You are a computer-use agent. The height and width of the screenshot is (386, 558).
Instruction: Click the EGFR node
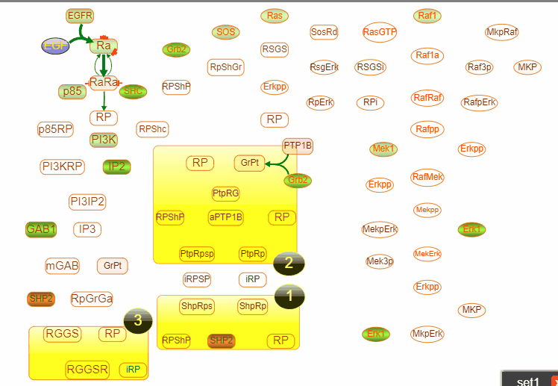tap(80, 16)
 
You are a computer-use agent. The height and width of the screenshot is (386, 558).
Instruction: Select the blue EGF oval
tap(55, 46)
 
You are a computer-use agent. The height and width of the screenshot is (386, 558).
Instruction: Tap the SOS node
tap(225, 32)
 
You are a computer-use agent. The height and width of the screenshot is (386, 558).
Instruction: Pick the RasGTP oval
tap(380, 32)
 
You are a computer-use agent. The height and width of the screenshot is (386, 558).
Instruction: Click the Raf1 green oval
tap(428, 16)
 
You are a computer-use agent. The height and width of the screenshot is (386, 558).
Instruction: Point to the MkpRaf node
tap(501, 32)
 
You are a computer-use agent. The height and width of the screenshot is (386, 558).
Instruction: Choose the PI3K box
tap(104, 140)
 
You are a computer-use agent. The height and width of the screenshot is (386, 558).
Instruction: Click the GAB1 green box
tap(41, 229)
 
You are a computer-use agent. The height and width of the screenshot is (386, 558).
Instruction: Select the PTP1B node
tap(298, 146)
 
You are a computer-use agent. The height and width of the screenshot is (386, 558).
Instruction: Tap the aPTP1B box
tap(226, 217)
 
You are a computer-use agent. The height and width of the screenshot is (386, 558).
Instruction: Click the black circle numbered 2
tap(289, 262)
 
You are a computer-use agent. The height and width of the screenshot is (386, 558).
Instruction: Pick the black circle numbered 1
tap(289, 296)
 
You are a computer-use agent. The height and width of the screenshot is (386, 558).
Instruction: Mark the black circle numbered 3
tap(137, 320)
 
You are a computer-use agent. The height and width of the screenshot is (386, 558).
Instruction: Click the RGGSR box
tap(87, 369)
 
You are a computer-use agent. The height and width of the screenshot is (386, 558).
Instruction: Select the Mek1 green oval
tap(383, 149)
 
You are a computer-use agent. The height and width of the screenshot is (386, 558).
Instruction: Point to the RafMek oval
tap(427, 177)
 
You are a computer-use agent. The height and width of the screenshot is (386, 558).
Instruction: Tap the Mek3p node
tap(380, 261)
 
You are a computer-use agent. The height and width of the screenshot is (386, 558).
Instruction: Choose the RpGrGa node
tap(92, 299)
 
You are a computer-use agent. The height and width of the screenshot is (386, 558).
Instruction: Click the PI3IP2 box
tap(87, 202)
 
